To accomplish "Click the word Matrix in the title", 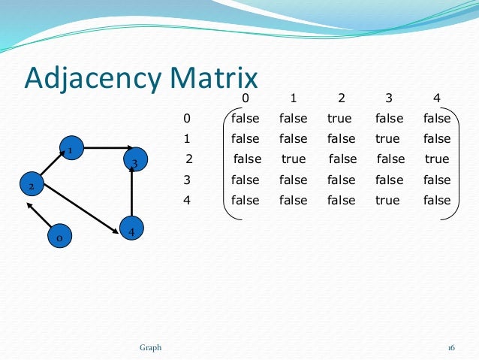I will [x=217, y=79].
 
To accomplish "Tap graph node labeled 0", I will [x=59, y=237].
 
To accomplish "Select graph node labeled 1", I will [x=71, y=148].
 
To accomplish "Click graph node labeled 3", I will [x=134, y=160].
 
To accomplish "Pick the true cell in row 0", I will [x=339, y=119].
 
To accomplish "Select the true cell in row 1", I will [x=387, y=139].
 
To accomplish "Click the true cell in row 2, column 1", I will [x=294, y=159].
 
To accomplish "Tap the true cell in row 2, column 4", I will [x=436, y=159].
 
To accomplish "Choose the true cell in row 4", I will [x=387, y=201].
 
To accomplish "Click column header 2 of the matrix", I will [x=341, y=98].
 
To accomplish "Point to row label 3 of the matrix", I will [x=187, y=180].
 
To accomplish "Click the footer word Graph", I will [x=150, y=347].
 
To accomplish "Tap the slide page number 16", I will [x=451, y=347].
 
